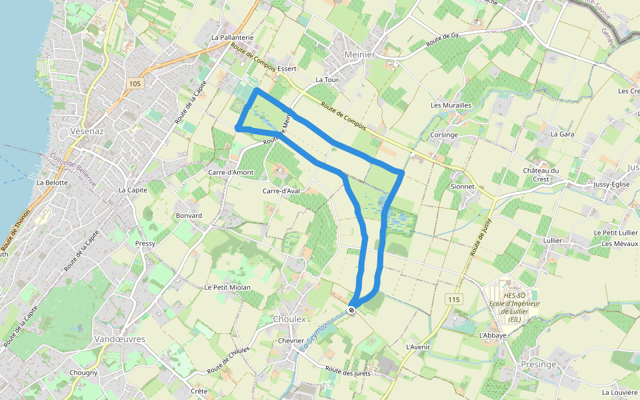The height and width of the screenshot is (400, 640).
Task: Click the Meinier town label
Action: pos(360,54)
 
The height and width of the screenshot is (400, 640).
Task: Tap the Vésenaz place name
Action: pos(87,131)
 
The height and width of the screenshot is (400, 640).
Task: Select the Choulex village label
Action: pos(289,319)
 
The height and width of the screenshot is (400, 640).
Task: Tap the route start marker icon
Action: pos(352,309)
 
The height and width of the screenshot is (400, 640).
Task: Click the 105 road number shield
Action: pos(135,83)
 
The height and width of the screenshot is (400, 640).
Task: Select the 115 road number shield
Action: pos(454,299)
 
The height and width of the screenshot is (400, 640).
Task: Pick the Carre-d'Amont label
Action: pos(231,172)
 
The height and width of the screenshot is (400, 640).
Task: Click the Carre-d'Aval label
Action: pos(281,191)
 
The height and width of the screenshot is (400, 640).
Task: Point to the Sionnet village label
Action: pos(463,187)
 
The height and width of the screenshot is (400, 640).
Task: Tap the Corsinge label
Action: pos(444,135)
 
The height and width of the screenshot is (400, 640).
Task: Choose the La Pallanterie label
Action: pos(232,39)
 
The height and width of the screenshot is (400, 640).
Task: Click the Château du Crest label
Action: pos(540,175)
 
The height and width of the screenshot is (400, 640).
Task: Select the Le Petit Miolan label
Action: pos(227,287)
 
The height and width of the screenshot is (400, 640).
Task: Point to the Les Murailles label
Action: pos(451,105)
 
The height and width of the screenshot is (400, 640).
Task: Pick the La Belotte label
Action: pos(52,182)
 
